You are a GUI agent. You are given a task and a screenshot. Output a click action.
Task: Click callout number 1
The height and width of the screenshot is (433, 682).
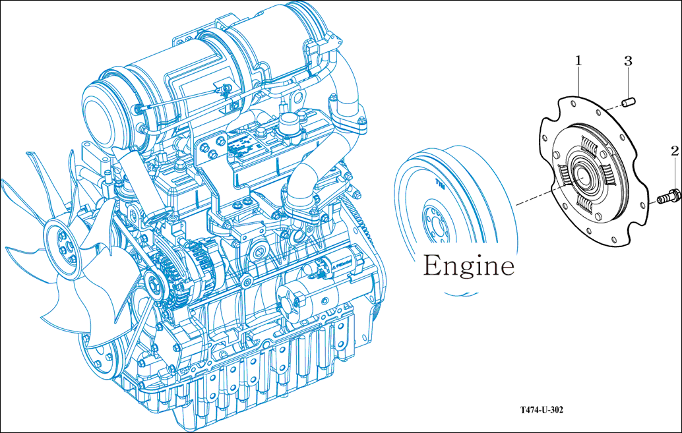click(578, 61)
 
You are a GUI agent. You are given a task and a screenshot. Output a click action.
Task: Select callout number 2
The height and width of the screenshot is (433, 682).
click(675, 151)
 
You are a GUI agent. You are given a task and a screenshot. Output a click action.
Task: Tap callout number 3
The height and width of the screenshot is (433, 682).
click(628, 61)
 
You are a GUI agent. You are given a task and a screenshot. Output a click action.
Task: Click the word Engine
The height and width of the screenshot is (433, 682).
click(469, 265)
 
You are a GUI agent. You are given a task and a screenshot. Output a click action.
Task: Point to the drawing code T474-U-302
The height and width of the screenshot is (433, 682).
click(542, 409)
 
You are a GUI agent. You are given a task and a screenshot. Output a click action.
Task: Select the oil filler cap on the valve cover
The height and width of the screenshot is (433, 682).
click(290, 124)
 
